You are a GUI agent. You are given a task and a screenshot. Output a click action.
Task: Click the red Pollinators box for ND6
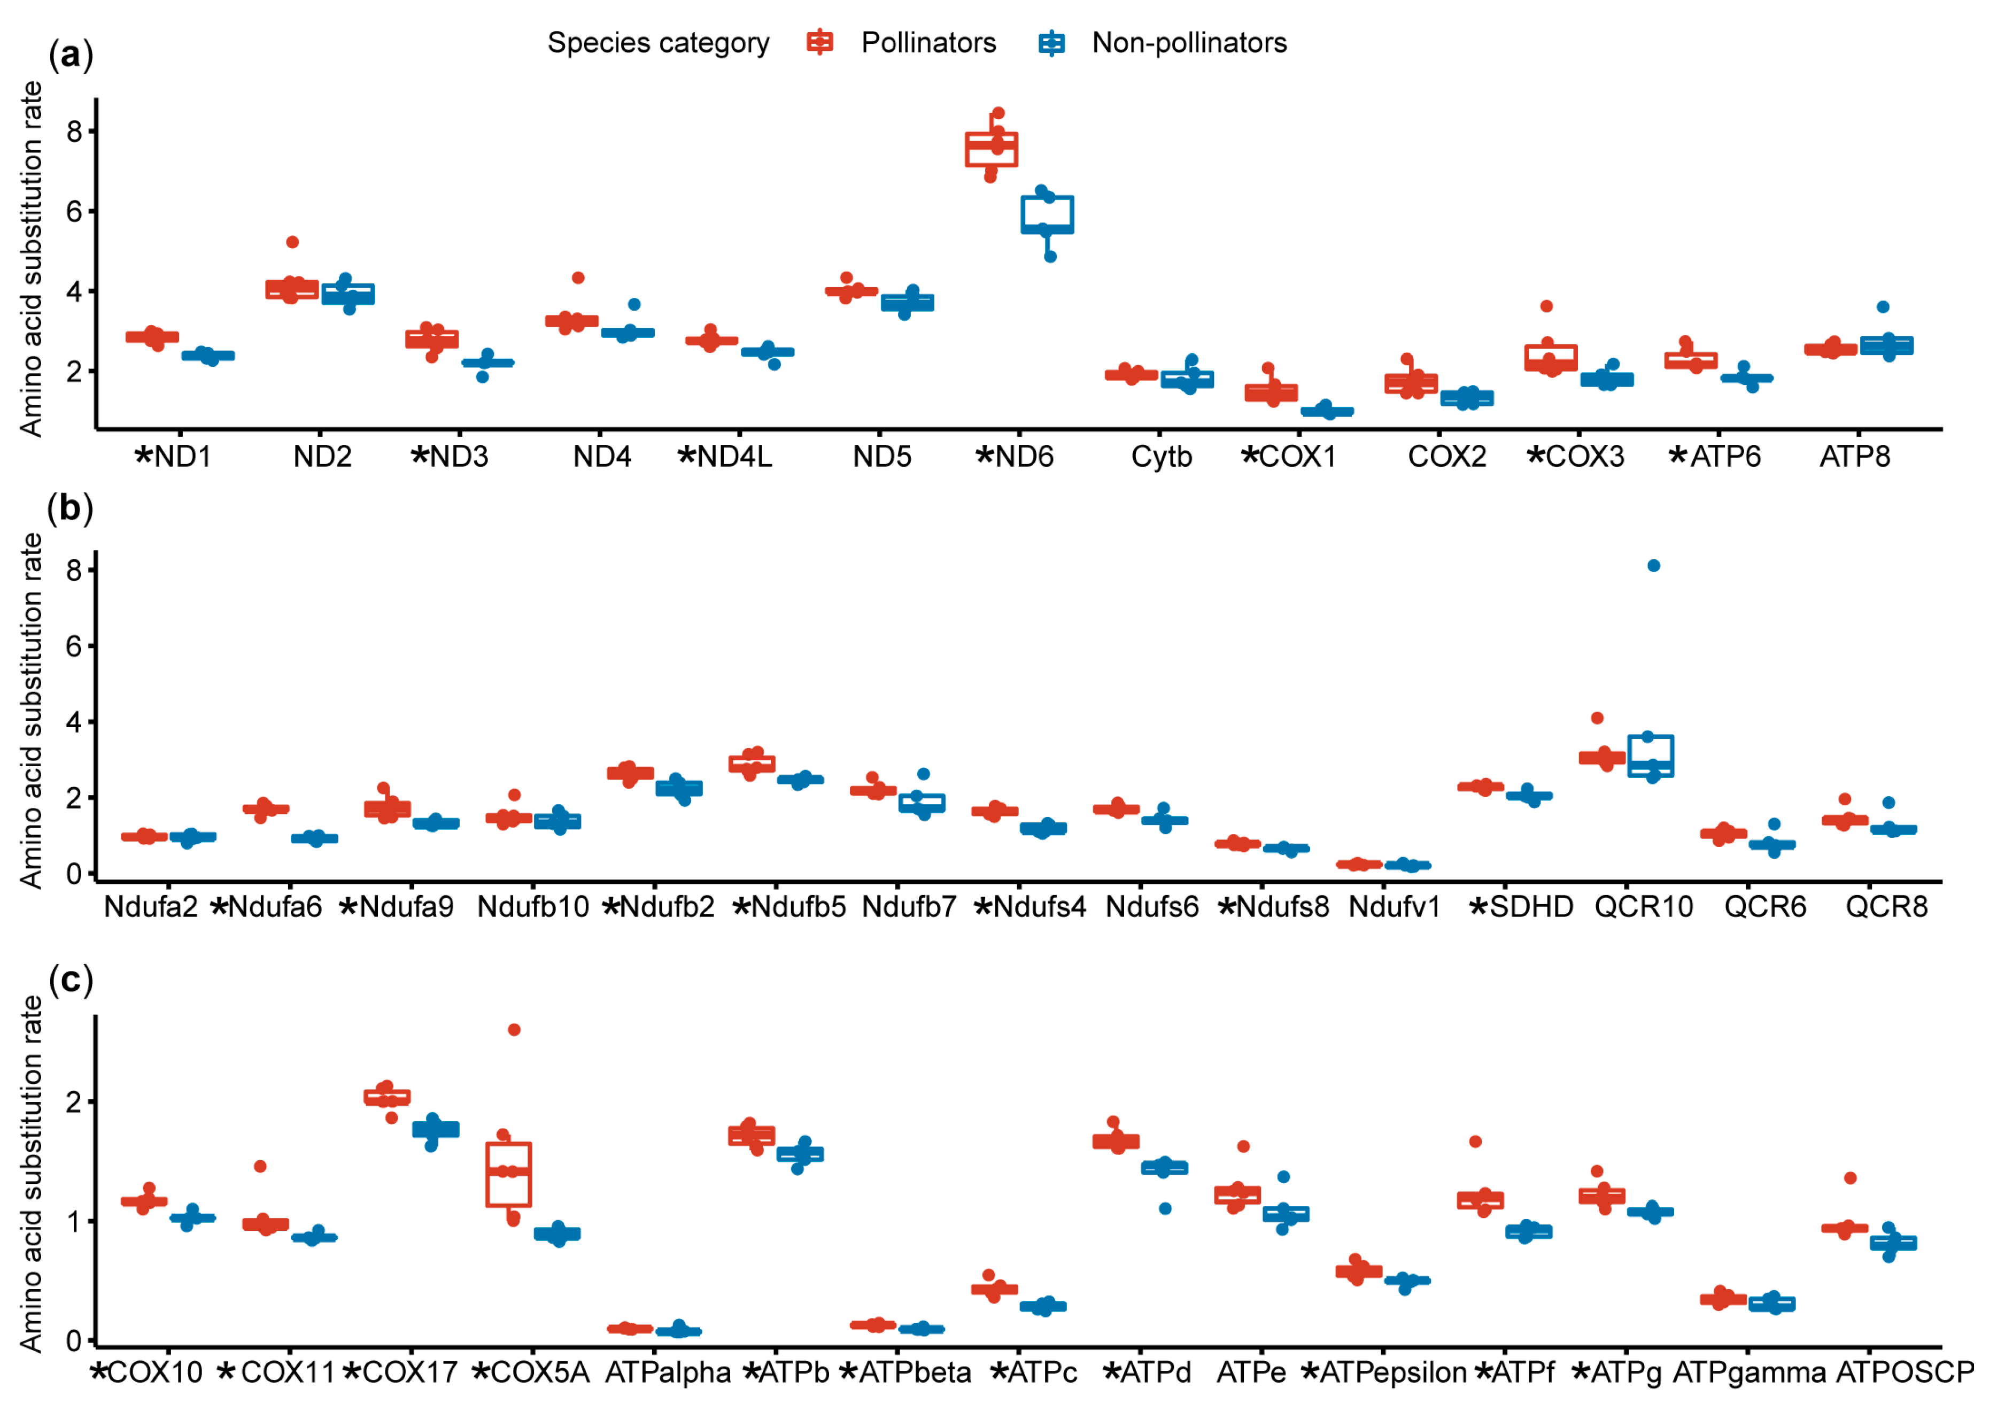[x=992, y=150]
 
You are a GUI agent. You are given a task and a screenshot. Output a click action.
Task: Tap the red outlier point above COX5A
[x=514, y=1030]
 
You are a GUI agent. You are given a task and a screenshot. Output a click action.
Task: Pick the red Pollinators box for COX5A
[x=509, y=1174]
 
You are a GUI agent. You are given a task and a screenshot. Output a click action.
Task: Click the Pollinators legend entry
[x=928, y=43]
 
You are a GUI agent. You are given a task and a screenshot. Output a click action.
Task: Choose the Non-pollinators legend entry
[x=1188, y=43]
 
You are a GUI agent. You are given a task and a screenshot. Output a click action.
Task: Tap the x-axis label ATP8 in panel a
[x=1854, y=457]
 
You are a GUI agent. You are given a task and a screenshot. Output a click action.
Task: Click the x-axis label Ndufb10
[x=532, y=907]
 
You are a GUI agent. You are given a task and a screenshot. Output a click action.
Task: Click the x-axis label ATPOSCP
[x=1905, y=1373]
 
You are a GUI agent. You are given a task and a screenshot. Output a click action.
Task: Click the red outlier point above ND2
[x=292, y=242]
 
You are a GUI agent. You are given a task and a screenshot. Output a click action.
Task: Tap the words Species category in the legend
[x=659, y=43]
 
